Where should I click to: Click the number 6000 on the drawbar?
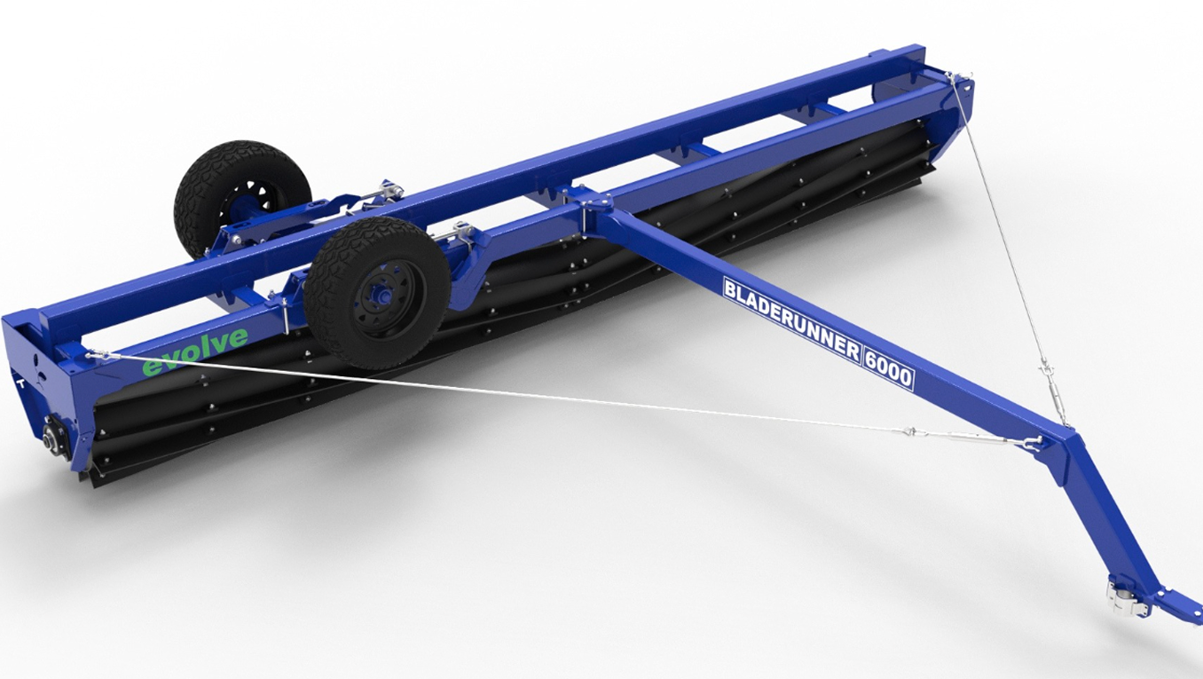[x=888, y=368]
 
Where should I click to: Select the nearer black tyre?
[x=377, y=293]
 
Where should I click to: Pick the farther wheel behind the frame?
[x=242, y=197]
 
